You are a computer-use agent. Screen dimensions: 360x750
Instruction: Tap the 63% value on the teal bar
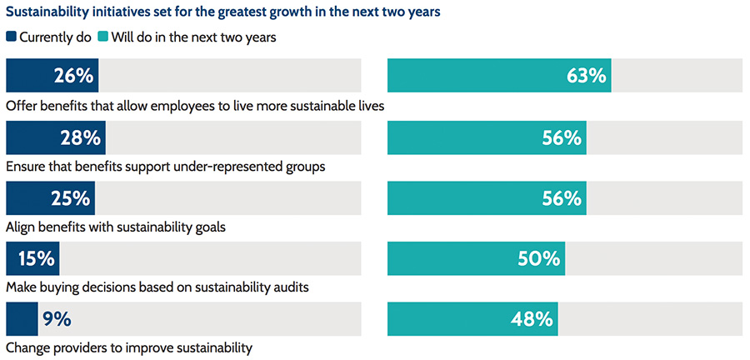click(587, 76)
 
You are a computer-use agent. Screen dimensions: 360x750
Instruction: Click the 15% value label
click(36, 259)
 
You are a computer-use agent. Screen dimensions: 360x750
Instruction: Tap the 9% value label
click(57, 319)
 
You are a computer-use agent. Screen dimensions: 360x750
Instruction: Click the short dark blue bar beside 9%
click(22, 319)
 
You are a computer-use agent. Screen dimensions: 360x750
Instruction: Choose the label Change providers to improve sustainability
click(129, 347)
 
